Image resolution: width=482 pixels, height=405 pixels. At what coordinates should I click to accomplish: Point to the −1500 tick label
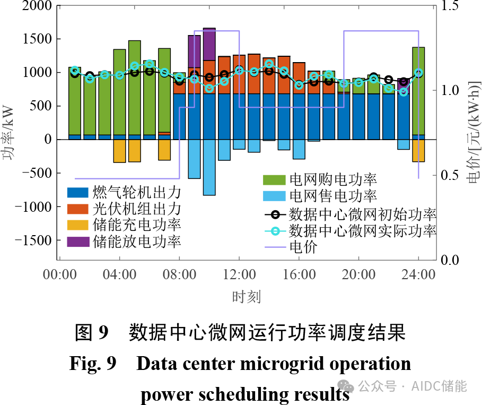(32, 240)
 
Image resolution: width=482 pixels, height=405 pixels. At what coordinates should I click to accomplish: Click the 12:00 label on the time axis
(239, 275)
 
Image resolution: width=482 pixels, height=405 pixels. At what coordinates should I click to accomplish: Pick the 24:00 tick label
(418, 275)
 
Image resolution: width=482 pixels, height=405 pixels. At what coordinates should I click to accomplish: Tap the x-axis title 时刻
(246, 296)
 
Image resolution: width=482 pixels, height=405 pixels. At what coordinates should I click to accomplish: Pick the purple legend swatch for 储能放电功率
(77, 242)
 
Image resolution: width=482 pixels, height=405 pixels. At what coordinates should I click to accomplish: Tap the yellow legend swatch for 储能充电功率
(77, 225)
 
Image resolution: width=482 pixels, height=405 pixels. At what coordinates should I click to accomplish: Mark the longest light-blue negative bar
(209, 167)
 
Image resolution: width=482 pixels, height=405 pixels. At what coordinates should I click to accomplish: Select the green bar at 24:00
(418, 90)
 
